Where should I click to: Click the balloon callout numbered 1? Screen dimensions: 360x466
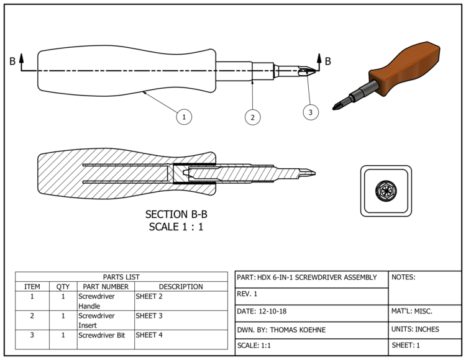183,116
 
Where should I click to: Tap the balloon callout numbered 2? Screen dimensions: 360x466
252,116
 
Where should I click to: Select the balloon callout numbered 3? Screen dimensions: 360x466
311,112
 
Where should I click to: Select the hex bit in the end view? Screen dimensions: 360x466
386,191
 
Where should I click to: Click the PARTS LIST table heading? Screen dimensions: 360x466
121,277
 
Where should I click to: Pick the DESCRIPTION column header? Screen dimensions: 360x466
181,287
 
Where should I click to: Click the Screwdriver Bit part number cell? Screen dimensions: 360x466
105,335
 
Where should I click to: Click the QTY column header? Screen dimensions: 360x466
63,287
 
